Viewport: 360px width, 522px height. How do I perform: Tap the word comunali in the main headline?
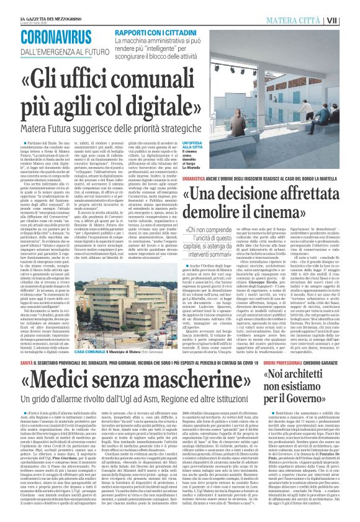tap(155, 80)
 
